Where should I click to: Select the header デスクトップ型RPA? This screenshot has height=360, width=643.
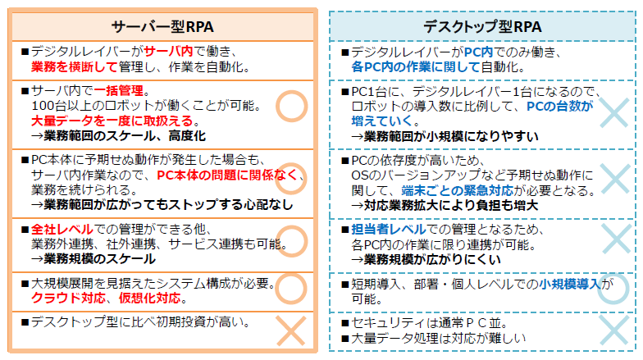coord(482,26)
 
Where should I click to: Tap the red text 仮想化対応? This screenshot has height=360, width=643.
coord(138,298)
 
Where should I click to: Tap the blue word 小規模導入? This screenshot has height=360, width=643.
coord(569,284)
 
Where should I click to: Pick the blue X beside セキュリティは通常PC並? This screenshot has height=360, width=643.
coord(612,330)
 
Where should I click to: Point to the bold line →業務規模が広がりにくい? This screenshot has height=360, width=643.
coord(434,259)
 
